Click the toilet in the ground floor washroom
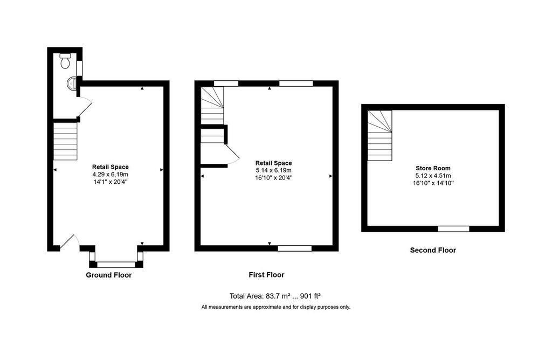65,61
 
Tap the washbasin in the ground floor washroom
71,83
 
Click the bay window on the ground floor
116,264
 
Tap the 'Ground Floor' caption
109,275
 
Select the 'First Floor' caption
266,275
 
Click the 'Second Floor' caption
433,250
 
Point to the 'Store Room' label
433,168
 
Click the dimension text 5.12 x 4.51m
433,176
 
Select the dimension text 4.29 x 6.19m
110,175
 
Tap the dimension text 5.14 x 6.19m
273,170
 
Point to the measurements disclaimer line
275,307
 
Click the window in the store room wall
453,229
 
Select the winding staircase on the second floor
380,135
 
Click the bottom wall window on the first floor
295,248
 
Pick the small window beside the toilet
79,68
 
